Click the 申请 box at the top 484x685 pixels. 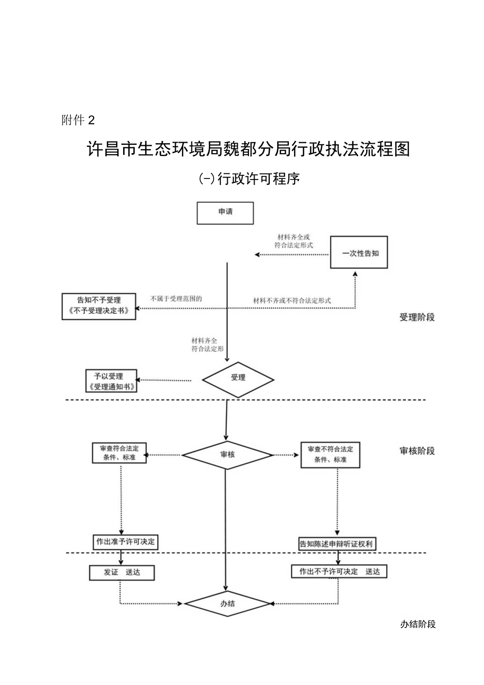[225, 213]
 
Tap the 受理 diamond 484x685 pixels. [238, 378]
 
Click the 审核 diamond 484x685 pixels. [228, 453]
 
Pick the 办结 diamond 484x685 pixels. [227, 604]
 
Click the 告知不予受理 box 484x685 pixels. [99, 306]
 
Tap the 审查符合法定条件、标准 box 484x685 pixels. [119, 453]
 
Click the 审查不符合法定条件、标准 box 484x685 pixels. [330, 454]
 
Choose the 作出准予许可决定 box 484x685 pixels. [126, 542]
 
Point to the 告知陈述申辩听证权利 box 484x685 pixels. [337, 544]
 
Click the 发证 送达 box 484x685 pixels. [122, 573]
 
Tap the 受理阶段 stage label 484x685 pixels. [417, 317]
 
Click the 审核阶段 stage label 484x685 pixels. [417, 451]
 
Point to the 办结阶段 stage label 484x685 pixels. [418, 624]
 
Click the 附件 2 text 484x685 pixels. [77, 121]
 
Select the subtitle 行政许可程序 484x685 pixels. [249, 179]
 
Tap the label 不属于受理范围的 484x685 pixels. [176, 299]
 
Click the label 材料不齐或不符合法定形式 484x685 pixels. [292, 300]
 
